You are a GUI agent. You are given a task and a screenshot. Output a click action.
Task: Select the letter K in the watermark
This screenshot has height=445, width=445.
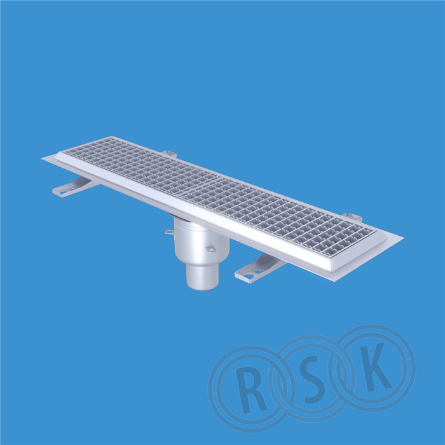tap(375, 366)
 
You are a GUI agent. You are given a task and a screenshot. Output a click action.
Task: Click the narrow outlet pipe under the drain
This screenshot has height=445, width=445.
tap(203, 277)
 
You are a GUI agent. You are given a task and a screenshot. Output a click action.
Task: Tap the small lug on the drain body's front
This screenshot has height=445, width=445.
tap(211, 249)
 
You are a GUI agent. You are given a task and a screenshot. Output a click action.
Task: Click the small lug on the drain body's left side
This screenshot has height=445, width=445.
tap(169, 232)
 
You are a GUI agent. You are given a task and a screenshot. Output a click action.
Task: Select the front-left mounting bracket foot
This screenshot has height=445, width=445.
tap(74, 188)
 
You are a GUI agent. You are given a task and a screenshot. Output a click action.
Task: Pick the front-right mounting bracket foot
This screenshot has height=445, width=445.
tap(259, 268)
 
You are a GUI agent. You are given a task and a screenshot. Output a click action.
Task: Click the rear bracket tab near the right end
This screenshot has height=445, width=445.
tap(352, 217)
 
